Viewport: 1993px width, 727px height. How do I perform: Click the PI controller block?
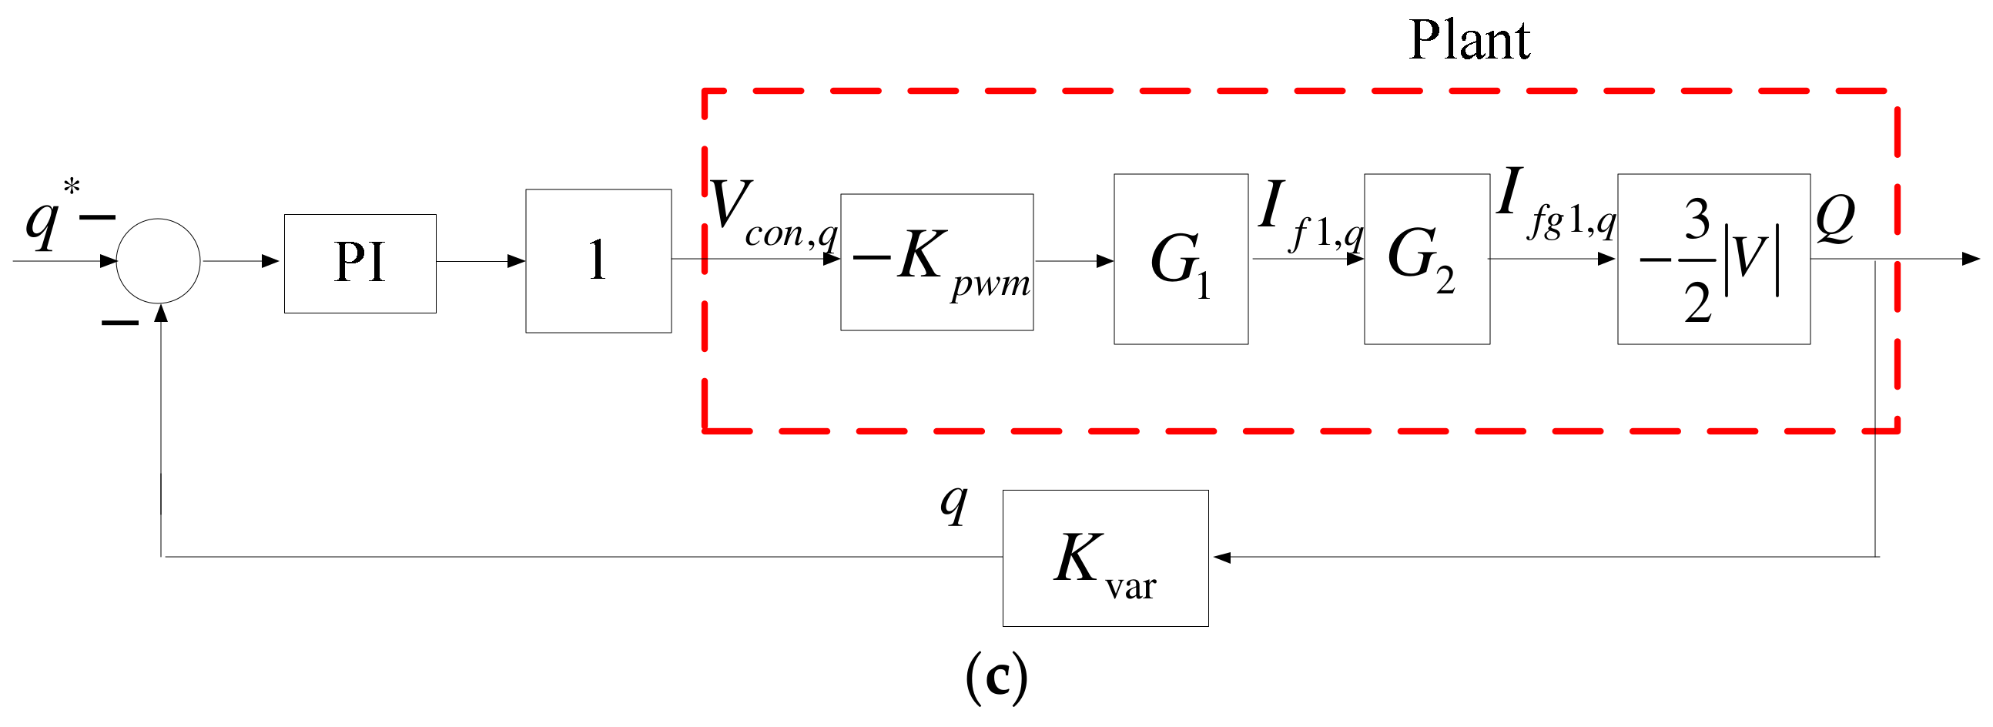(x=360, y=263)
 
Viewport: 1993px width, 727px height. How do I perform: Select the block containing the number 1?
(x=598, y=260)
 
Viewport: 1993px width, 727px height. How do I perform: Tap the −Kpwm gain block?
(x=936, y=262)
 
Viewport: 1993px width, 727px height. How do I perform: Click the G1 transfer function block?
(x=1180, y=259)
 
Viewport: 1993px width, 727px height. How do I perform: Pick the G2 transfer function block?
(x=1426, y=259)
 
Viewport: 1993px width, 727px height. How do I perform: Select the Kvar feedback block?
(x=1105, y=558)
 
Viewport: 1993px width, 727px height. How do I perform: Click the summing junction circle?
(x=158, y=260)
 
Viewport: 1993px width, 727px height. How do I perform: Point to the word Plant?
(x=1469, y=40)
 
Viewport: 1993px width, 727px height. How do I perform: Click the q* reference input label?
(x=50, y=216)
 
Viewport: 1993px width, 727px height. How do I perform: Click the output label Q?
(x=1835, y=218)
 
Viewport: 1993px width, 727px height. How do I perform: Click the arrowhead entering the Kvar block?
(x=1221, y=557)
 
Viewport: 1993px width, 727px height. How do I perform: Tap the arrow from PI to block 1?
(x=481, y=261)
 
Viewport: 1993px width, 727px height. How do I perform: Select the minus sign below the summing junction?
(x=120, y=322)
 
